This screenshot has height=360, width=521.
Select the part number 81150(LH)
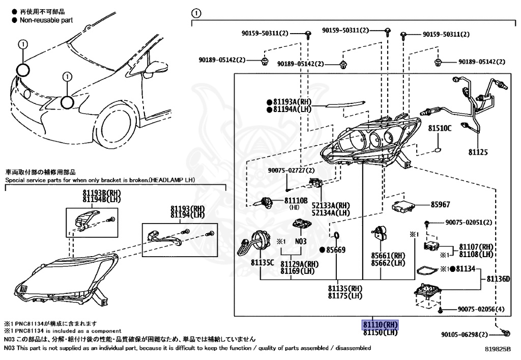(x=380, y=333)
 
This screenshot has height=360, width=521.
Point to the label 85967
(x=441, y=205)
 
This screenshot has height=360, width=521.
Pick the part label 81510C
(x=439, y=129)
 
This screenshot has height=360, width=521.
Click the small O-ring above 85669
(x=336, y=235)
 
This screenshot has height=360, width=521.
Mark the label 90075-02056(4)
(x=481, y=310)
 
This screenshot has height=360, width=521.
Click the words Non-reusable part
(x=46, y=20)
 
